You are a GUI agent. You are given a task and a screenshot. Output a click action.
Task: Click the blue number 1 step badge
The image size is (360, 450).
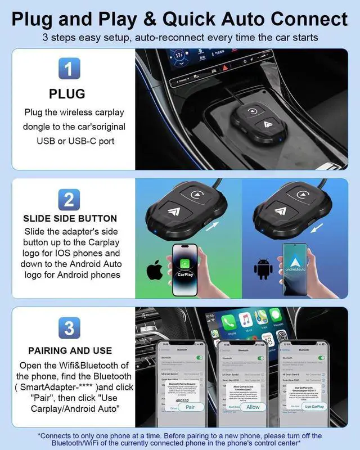coord(67,70)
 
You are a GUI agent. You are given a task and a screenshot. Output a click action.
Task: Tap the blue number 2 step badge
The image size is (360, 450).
coord(67,199)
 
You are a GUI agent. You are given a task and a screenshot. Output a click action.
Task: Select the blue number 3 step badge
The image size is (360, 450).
coord(67,328)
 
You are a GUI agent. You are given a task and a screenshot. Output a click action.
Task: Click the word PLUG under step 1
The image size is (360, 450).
coord(67,93)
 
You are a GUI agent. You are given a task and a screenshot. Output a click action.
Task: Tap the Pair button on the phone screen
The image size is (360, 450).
coord(190,407)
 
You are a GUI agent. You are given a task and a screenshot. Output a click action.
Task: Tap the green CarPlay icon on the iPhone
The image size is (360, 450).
coord(185,264)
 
